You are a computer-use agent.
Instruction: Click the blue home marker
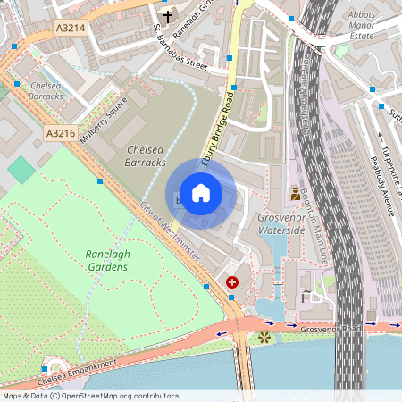pos(201,193)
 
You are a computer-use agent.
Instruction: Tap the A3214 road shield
pos(71,28)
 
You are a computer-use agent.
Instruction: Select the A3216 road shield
pos(61,133)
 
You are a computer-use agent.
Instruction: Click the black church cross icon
pos(167,16)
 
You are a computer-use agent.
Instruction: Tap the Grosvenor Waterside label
pos(281,223)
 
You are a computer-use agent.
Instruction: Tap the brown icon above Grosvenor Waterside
pos(295,192)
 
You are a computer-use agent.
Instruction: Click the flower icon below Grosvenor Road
pos(264,338)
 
